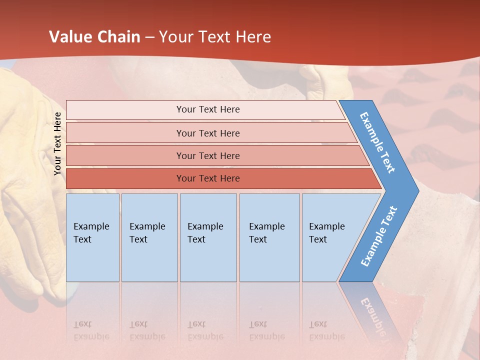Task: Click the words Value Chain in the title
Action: coord(94,37)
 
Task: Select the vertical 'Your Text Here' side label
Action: coord(57,143)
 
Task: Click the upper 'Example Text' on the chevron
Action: coord(377,142)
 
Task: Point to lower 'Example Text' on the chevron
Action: coord(379,236)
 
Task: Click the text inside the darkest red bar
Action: coord(208,178)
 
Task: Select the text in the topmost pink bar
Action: coord(208,109)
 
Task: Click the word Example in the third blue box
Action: coord(205,226)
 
